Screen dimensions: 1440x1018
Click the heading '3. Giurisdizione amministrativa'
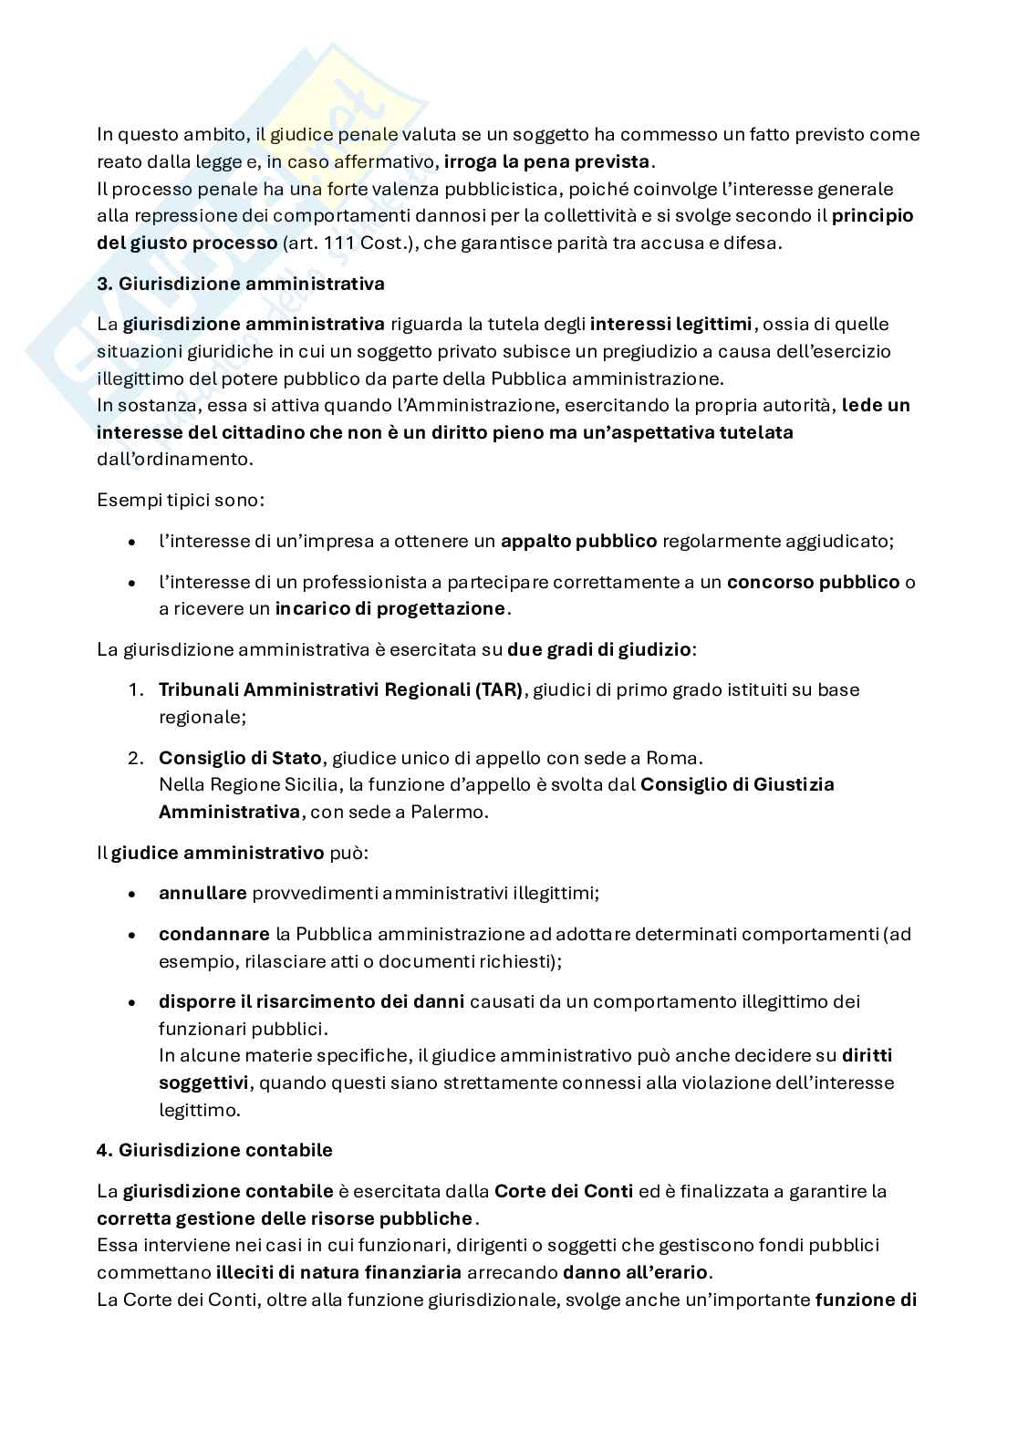tap(240, 284)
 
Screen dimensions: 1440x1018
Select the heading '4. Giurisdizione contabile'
tap(214, 1150)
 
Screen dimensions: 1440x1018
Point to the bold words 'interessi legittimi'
tap(671, 324)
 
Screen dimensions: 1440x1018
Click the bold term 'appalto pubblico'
tap(578, 541)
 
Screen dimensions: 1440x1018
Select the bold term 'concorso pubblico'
tap(813, 582)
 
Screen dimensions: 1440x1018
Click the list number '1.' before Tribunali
tap(135, 689)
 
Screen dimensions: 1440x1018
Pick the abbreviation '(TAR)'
tap(499, 689)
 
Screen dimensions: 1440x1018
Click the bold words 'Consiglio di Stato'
tap(240, 758)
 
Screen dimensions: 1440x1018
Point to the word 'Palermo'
tap(454, 812)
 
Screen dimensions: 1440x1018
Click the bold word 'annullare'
tap(203, 893)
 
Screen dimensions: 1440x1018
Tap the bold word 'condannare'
tap(213, 934)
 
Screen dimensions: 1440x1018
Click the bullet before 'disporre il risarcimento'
tap(134, 1001)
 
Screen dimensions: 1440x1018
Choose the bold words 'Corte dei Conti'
tap(563, 1191)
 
